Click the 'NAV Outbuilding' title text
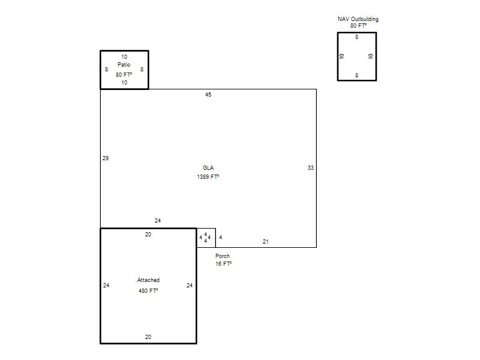tap(358, 19)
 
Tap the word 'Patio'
tap(124, 65)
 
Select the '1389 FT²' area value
tap(208, 176)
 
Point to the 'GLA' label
tap(208, 168)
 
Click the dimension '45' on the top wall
tap(208, 95)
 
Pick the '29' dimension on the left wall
tap(106, 158)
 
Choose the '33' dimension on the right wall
tap(311, 168)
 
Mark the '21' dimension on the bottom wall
tap(266, 242)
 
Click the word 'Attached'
tap(148, 280)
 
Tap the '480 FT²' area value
tap(148, 290)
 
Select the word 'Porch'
tap(223, 256)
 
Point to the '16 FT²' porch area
tap(223, 263)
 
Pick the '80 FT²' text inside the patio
tap(124, 74)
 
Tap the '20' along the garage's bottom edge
tap(148, 337)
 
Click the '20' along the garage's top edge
tap(148, 235)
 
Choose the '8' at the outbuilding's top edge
tap(356, 37)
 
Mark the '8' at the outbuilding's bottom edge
tap(356, 76)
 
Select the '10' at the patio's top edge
tap(124, 57)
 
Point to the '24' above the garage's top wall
tap(158, 221)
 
